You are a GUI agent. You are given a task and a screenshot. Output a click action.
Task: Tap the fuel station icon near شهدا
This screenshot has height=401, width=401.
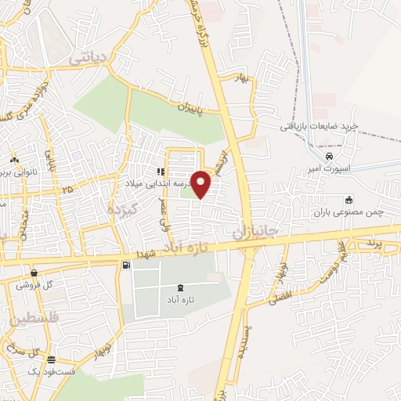point(126,266)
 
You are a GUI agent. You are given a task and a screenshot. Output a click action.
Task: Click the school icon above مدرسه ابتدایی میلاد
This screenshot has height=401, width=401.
point(160,172)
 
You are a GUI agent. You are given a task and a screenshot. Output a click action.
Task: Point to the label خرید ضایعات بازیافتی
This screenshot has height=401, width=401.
point(320,126)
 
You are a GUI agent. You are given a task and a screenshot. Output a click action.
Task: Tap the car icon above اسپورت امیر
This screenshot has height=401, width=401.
point(329,156)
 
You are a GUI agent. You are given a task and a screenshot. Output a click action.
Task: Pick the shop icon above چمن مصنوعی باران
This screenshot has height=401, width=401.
point(349,200)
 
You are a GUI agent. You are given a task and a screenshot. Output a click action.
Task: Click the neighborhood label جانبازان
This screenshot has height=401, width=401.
point(251,231)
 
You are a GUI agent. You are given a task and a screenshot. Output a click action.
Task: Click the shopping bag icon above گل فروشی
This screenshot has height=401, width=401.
point(33,273)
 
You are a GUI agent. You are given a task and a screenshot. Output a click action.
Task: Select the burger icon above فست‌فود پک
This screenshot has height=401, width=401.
point(52,359)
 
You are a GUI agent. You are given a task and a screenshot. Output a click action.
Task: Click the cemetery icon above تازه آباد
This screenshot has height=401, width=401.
point(182,287)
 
